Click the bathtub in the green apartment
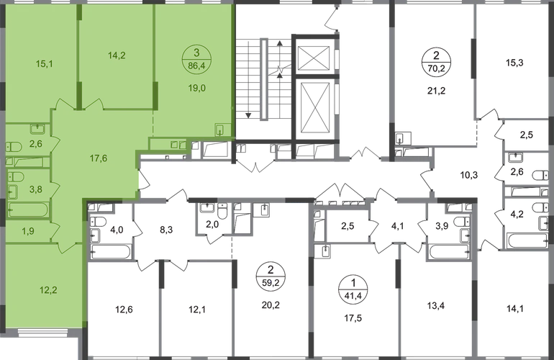29,211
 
